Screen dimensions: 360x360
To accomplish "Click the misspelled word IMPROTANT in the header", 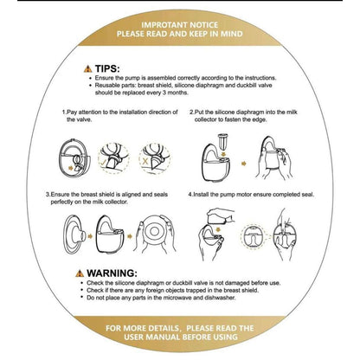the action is point(164,25).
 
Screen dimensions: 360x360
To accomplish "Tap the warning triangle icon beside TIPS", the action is point(88,69).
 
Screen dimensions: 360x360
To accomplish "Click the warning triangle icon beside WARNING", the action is point(80,273).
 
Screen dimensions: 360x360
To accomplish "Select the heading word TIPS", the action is point(107,69).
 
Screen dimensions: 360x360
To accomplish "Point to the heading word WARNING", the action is point(112,273).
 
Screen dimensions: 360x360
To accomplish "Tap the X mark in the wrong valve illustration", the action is point(145,161).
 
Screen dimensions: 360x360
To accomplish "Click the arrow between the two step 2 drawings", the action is point(244,164).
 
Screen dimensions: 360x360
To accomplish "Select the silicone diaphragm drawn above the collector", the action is point(222,140).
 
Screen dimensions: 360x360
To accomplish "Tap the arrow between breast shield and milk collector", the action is point(90,236).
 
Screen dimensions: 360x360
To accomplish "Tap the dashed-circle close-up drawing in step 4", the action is point(253,237).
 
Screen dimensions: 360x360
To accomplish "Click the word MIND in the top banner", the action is point(232,34).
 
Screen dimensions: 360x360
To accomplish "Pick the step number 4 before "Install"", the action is point(190,195).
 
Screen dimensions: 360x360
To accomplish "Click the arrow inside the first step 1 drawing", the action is point(70,167).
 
